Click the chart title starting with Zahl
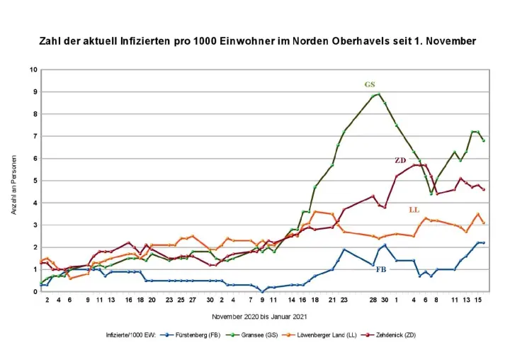pos(257,41)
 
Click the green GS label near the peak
pos(370,84)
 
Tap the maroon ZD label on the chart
pos(400,161)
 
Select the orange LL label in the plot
pos(415,210)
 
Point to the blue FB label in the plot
pos(381,270)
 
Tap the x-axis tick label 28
pos(373,300)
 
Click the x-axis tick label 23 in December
pos(344,300)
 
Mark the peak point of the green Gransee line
pos(379,94)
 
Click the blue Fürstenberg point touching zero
pos(262,291)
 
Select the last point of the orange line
pos(484,223)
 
